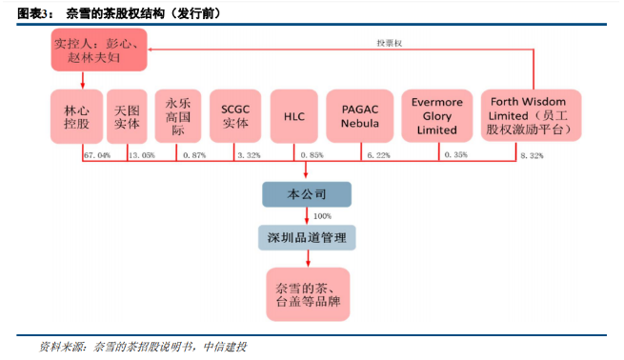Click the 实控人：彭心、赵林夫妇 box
coord(99,50)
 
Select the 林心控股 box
coord(76,116)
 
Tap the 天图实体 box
coord(127,116)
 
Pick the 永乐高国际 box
coord(178,116)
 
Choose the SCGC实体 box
coord(235,116)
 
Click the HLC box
coord(294,116)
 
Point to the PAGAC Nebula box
coord(360,116)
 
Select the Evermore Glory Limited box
coord(437,116)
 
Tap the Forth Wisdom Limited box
coord(532,115)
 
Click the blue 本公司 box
coord(307,194)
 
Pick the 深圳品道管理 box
coord(307,238)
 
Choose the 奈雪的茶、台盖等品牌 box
coord(308,294)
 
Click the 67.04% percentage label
coord(97,155)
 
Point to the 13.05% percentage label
coord(142,155)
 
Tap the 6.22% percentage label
coord(378,155)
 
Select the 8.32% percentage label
coord(532,155)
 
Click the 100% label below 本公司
coord(322,216)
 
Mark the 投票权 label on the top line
coord(390,43)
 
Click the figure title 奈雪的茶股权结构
coord(115,13)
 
